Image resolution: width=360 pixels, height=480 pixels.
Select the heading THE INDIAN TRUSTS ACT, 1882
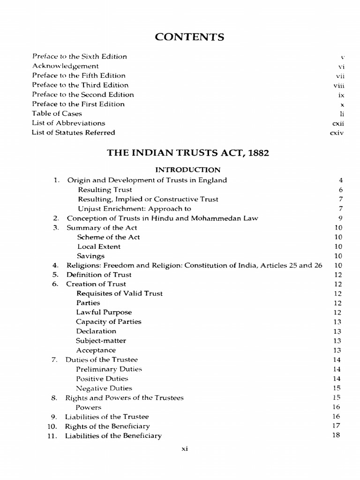[188, 153]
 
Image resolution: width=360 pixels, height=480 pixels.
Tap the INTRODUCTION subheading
[187, 170]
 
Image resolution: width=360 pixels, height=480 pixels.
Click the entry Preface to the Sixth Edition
[79, 57]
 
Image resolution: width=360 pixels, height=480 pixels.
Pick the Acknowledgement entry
[65, 66]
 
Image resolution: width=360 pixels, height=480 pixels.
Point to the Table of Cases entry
[57, 113]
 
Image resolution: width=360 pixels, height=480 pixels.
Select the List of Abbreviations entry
[68, 123]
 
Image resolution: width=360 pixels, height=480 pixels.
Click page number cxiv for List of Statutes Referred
[337, 133]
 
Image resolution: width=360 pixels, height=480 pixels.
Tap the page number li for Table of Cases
[342, 113]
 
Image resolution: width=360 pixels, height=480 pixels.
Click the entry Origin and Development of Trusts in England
[147, 180]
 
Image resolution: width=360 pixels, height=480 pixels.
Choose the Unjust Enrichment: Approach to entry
[135, 209]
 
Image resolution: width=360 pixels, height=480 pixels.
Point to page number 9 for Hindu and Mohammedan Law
[341, 218]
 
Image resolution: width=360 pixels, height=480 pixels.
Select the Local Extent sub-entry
[99, 247]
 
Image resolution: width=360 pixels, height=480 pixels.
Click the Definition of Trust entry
[98, 275]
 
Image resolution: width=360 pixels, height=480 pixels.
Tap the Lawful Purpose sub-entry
[104, 312]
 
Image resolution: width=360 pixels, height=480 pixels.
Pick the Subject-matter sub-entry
[101, 341]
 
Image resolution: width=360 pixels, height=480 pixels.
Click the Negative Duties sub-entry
[104, 388]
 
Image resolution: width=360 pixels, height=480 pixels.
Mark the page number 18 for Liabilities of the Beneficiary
[336, 435]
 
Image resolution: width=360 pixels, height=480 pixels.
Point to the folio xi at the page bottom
[185, 449]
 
